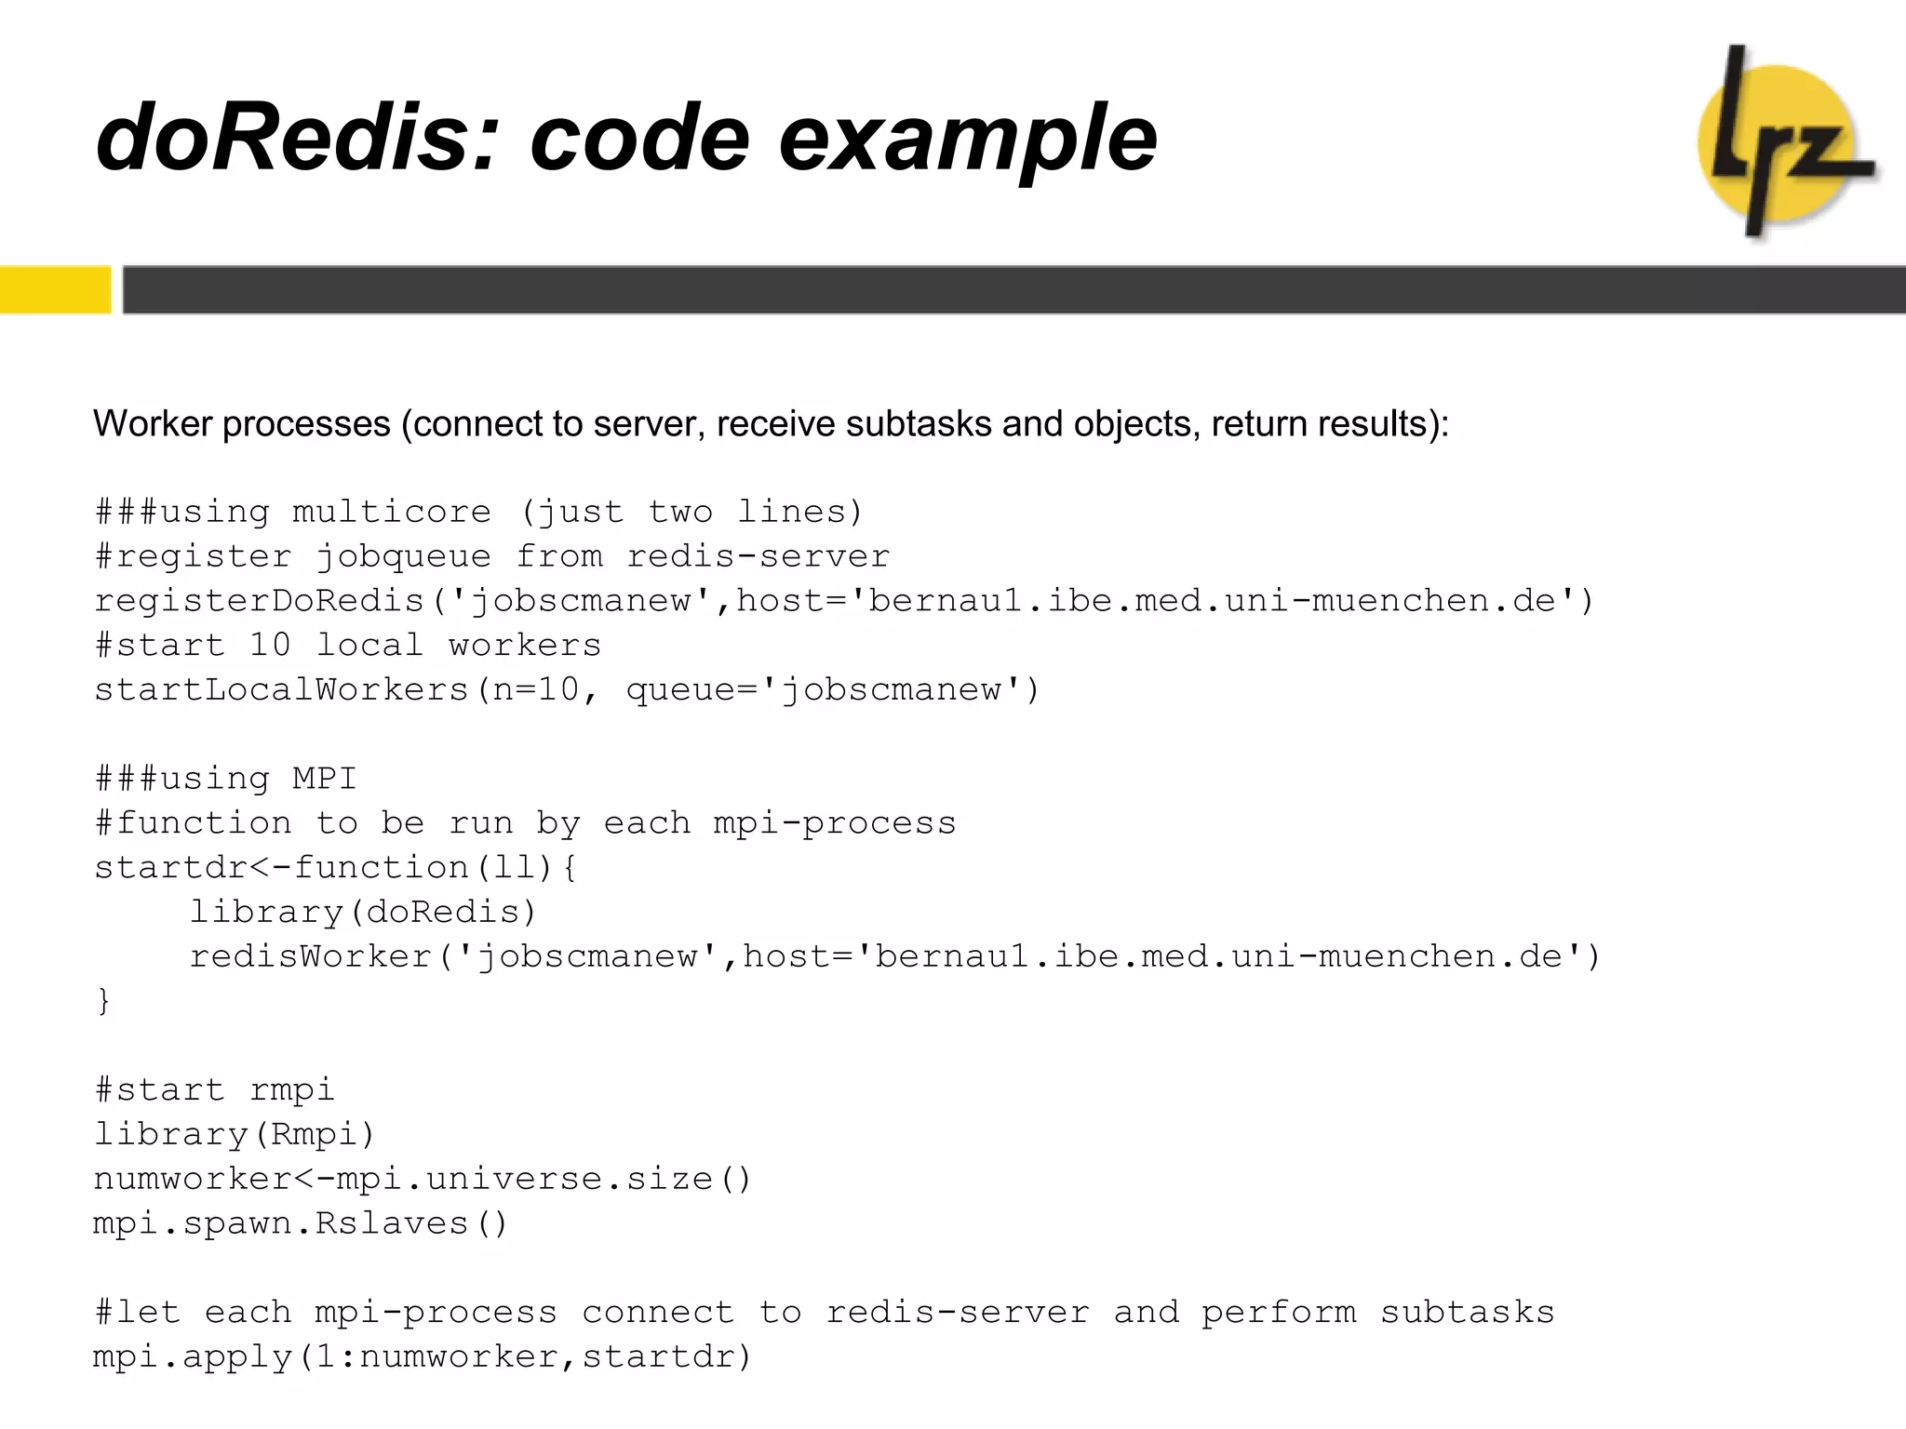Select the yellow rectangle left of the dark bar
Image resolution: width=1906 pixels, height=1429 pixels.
point(54,289)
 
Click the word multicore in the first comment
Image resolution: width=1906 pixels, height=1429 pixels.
point(391,512)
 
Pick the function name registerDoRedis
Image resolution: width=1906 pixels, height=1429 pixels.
point(260,601)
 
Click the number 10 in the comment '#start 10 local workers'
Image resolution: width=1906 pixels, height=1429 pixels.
point(270,645)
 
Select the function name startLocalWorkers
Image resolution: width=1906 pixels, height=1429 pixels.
point(282,689)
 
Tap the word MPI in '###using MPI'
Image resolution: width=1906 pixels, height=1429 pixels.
point(324,779)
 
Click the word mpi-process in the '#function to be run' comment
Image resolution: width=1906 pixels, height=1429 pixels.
point(835,823)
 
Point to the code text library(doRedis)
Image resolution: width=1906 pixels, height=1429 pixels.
point(363,912)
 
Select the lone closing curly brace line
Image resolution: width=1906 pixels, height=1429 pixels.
point(103,1001)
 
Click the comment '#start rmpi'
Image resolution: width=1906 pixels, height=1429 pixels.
point(214,1089)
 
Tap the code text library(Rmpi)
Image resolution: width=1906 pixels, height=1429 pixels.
point(235,1134)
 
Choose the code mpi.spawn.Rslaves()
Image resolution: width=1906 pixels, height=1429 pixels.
point(301,1223)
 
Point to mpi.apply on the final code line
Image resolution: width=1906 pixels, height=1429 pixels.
point(193,1357)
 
